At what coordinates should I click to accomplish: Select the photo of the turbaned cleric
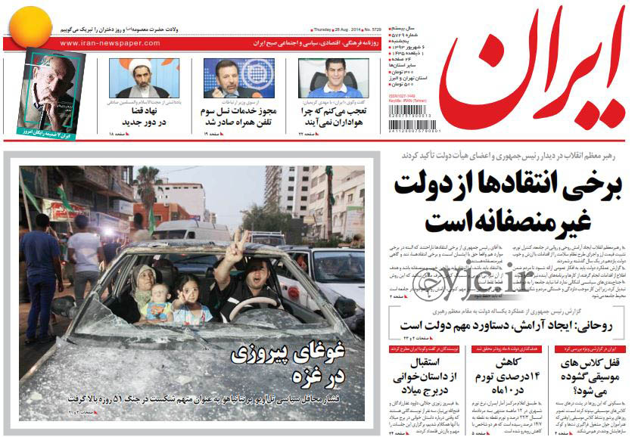click(144, 78)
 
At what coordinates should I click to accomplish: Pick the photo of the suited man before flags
click(238, 78)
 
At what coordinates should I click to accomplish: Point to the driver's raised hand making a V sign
click(238, 244)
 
